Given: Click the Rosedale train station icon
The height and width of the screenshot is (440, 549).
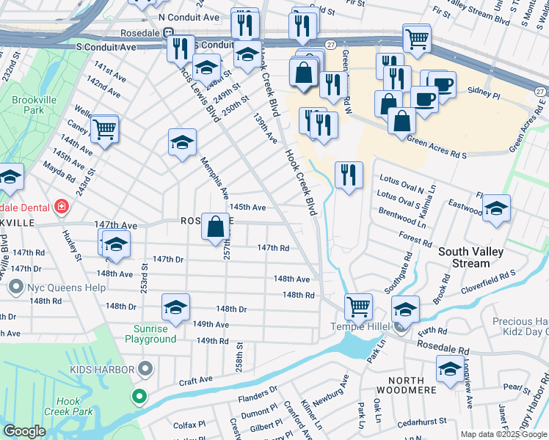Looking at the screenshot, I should tap(168, 33).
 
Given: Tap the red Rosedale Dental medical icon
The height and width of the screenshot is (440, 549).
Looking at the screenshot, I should tap(61, 207).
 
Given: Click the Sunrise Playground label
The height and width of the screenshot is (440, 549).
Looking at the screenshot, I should tap(155, 334).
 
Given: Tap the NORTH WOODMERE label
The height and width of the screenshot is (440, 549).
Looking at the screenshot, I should tap(401, 380).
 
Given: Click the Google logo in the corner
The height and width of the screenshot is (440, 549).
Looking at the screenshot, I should tap(24, 431).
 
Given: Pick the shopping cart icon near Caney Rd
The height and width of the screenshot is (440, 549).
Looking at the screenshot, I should tap(104, 129).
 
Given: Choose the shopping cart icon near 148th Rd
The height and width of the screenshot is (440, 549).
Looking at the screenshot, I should tap(358, 305).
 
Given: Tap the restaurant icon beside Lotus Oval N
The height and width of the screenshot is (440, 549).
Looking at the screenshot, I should tap(349, 174).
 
